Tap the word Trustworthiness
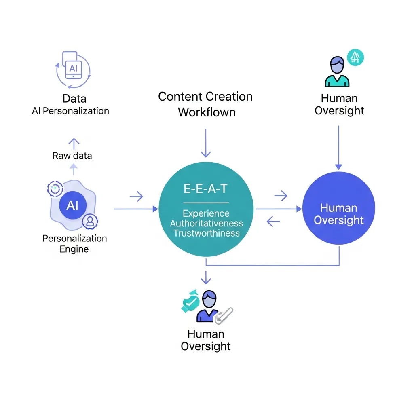tap(206, 233)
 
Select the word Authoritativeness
tap(206, 223)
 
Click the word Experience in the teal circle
tap(206, 213)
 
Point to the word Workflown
tap(207, 112)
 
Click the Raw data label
tap(72, 156)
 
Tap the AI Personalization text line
tap(70, 111)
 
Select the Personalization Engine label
tap(74, 243)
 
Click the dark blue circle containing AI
tap(72, 206)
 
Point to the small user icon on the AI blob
tap(90, 221)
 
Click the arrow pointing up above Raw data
tap(74, 142)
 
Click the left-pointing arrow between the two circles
tap(274, 221)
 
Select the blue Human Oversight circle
tap(339, 208)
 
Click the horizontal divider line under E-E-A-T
tap(206, 203)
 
